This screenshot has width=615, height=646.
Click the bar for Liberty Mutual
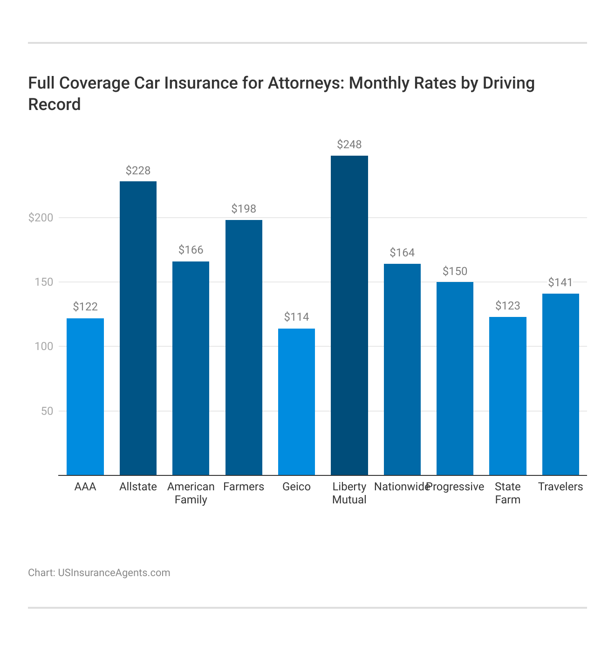[349, 315]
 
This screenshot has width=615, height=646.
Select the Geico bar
[296, 402]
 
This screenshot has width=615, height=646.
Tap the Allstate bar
[138, 328]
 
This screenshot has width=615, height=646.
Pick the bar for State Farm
[507, 396]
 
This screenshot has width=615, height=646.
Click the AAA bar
[85, 397]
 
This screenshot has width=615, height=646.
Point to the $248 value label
[349, 144]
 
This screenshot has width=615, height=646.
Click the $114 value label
[296, 317]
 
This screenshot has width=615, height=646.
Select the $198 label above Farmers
[244, 209]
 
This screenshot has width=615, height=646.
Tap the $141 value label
[560, 282]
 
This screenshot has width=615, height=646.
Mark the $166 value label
[191, 250]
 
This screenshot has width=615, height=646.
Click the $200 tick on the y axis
[41, 218]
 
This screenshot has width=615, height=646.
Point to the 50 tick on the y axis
[47, 411]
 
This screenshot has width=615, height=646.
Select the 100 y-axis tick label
[44, 347]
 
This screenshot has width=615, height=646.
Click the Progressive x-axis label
[456, 487]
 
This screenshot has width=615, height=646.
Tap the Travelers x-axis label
[560, 487]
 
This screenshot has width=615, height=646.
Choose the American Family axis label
[191, 493]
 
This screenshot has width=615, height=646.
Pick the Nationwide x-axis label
[401, 487]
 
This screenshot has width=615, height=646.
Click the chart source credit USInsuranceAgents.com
[114, 572]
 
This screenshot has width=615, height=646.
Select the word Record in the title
[55, 104]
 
